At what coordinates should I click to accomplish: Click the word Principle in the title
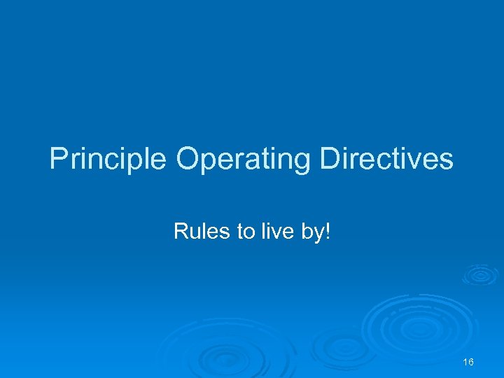(108, 160)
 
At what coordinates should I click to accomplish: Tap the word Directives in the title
(386, 160)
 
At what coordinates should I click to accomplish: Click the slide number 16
(468, 362)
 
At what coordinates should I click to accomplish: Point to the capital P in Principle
(58, 160)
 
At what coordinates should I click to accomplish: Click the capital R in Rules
(180, 232)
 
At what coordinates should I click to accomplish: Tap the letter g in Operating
(301, 162)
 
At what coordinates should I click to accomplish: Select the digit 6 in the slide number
(471, 362)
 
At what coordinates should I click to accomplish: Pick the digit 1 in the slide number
(465, 362)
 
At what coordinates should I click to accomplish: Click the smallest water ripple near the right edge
(479, 274)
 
